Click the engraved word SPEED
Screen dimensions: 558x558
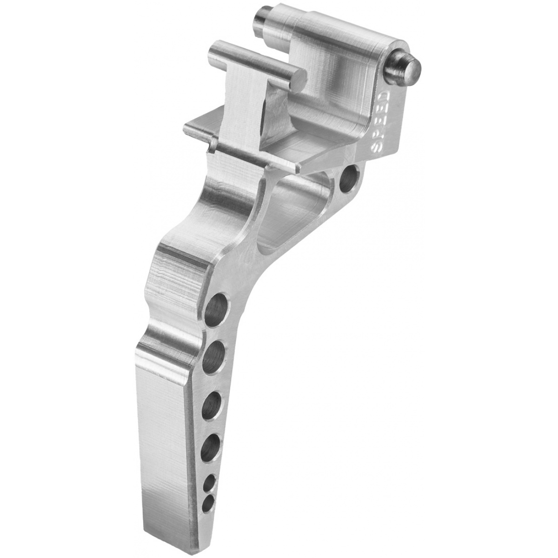tap(382, 120)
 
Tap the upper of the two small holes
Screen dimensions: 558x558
tap(209, 482)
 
